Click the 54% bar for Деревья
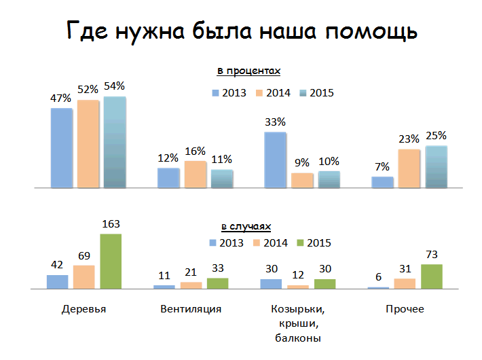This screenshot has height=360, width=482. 115,142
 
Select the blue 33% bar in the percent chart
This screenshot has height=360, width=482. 275,160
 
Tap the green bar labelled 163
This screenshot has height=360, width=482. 110,262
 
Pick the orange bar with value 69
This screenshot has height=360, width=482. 84,277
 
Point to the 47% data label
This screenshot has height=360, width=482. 61,98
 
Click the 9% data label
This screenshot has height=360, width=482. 302,162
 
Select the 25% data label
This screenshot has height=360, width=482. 436,136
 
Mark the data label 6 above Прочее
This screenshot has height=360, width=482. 378,278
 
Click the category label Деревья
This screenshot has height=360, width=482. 84,310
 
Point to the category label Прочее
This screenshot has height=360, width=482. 405,310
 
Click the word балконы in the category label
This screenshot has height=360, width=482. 297,337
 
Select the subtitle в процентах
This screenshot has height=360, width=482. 249,71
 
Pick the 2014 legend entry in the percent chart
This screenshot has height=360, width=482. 274,93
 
